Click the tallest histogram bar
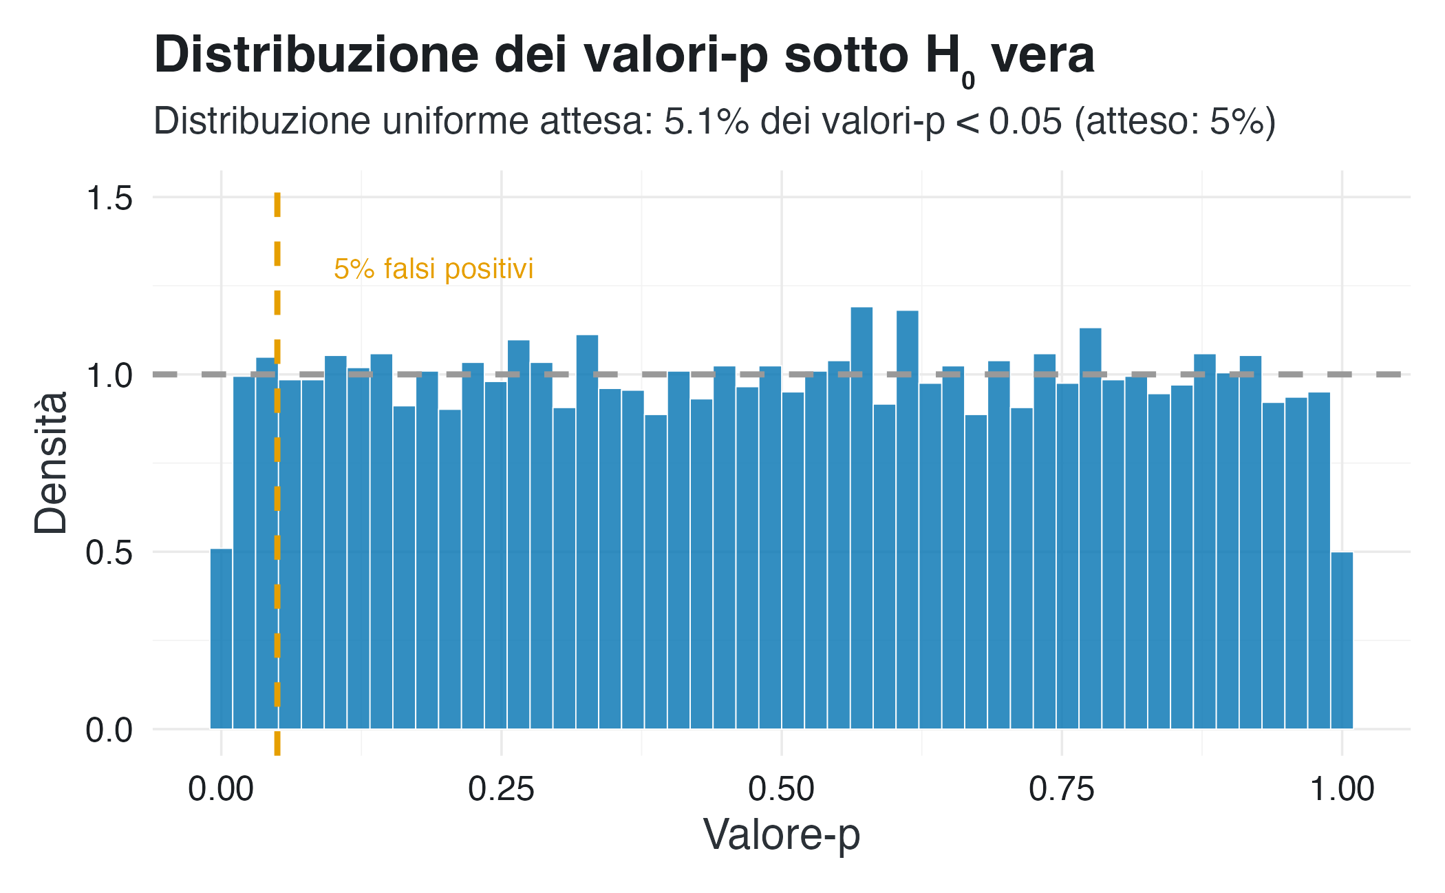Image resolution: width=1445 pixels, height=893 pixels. (861, 516)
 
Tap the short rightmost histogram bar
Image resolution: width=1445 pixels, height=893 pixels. (1342, 640)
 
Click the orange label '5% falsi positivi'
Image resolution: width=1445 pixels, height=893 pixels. (433, 269)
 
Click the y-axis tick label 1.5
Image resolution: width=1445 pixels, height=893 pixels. (109, 198)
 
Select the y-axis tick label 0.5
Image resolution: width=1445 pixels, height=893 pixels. (109, 552)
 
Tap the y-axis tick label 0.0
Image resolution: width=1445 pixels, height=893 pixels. (109, 729)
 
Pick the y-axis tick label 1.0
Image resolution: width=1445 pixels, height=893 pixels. (109, 375)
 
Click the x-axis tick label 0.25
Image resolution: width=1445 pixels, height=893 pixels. (501, 789)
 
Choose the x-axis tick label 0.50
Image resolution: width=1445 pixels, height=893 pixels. (781, 789)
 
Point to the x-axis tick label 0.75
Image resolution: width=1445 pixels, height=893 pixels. (1061, 789)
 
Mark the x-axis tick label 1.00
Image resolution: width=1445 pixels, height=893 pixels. (1342, 789)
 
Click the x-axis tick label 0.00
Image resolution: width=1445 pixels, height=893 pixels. (221, 789)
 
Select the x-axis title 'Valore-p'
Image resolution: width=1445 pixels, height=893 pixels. (781, 835)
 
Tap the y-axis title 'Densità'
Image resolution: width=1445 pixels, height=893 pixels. (51, 463)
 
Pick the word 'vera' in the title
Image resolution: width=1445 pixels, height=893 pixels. (1042, 55)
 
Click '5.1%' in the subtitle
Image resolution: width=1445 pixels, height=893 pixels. (706, 121)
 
